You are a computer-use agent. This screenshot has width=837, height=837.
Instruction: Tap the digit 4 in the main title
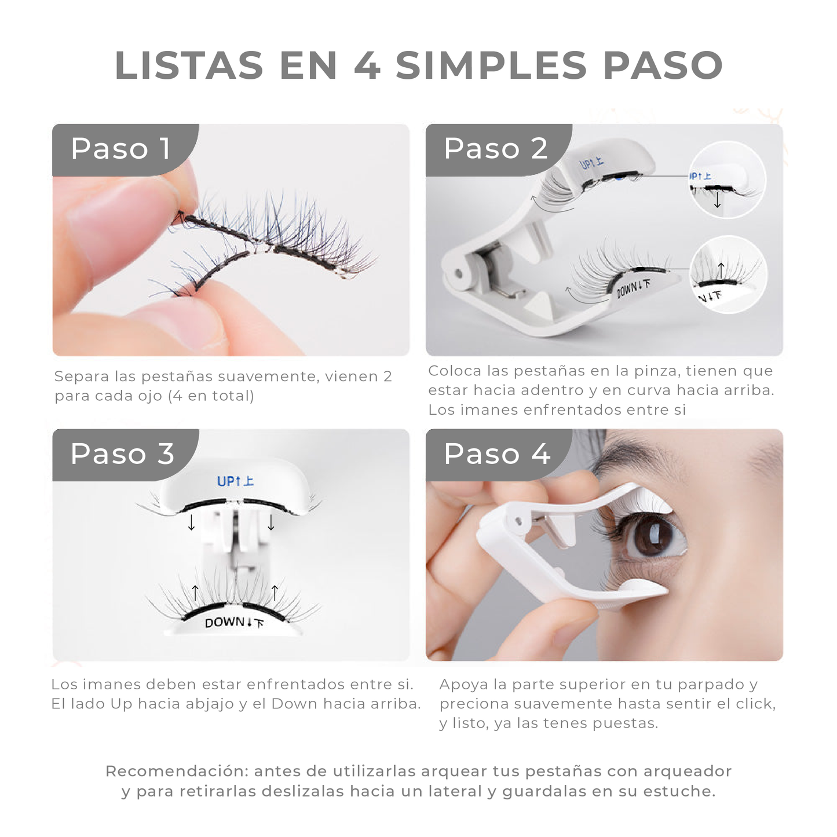coord(367,65)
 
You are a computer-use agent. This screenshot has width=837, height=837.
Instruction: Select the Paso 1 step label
coord(120,149)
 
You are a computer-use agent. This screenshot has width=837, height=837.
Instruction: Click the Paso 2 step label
coord(495,149)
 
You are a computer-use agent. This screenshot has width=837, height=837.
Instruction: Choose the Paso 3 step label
coord(122,454)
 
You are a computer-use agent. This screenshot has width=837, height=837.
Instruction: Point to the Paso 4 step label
coord(496,454)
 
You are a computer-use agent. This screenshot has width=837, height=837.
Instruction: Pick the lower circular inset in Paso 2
coord(728,275)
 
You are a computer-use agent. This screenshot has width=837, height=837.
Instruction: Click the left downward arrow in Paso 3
coord(191,522)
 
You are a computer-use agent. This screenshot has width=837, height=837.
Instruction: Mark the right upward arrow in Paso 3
coord(275,593)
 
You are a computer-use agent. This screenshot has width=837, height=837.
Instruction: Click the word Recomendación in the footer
coord(177,772)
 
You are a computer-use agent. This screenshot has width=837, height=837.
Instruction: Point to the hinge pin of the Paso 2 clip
coord(459,273)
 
